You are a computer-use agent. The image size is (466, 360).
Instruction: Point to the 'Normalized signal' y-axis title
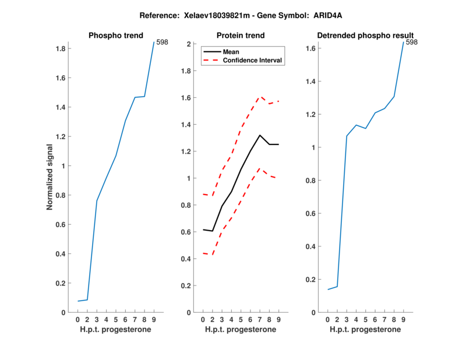point(50,177)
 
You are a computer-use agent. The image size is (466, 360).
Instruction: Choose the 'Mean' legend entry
point(231,52)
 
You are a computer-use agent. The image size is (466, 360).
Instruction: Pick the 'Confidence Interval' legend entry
point(252,60)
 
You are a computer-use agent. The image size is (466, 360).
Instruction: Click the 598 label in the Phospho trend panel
point(163,42)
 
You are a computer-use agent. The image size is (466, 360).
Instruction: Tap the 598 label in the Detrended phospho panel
point(412,42)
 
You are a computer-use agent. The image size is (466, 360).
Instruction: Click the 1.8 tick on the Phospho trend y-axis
point(59,49)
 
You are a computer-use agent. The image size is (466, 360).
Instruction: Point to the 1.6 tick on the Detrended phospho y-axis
point(310,48)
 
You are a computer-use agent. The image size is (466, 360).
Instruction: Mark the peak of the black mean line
point(260,135)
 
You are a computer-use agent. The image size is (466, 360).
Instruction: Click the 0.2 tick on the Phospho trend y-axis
point(59,283)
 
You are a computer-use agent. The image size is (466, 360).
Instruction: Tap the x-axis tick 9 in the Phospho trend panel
point(154,319)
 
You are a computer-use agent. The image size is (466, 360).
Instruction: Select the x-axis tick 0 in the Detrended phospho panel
point(327,319)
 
